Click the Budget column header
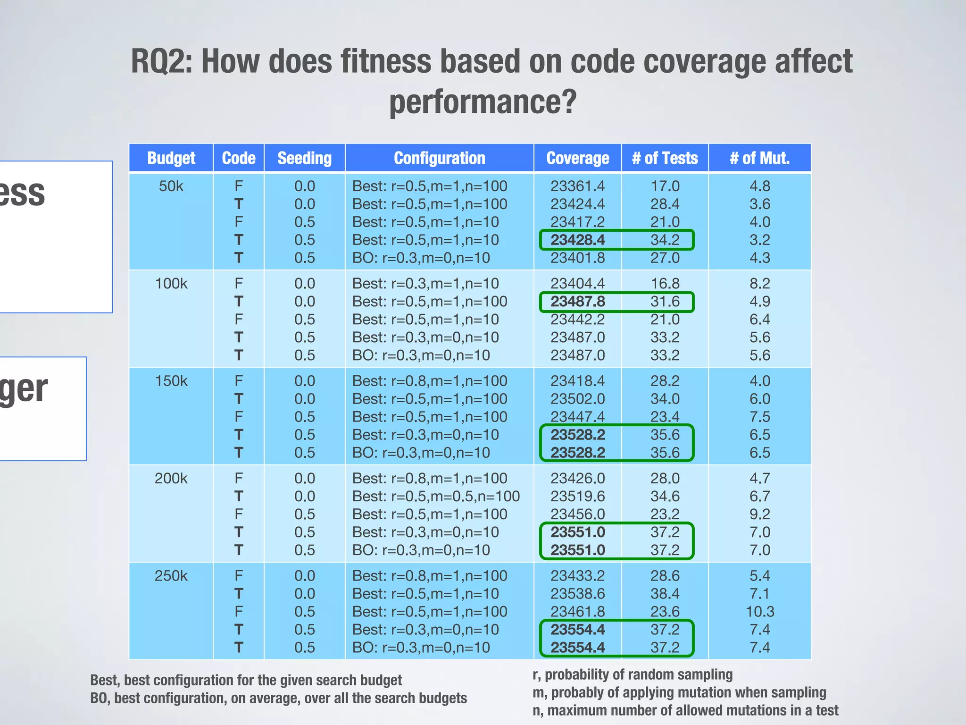[171, 158]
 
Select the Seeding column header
[304, 158]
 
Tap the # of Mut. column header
[759, 158]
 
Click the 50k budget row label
[171, 186]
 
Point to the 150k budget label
[171, 381]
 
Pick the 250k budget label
[171, 576]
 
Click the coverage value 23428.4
[577, 240]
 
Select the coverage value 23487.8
[577, 302]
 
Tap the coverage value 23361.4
[577, 186]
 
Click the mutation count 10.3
[759, 612]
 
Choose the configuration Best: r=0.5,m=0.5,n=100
[436, 497]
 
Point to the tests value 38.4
[665, 594]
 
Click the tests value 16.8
[665, 284]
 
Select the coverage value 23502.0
[577, 399]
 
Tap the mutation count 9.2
[759, 514]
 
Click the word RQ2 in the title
[160, 61]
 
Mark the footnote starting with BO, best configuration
[278, 698]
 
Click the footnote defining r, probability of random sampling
[632, 674]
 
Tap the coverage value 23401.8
[577, 258]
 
